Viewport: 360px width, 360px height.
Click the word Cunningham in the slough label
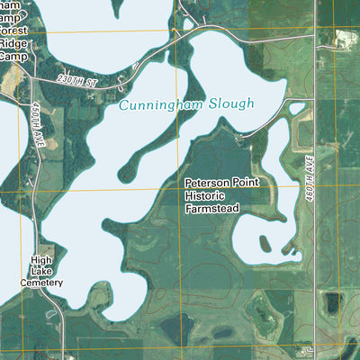coord(158,105)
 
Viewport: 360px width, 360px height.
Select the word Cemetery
coord(41,283)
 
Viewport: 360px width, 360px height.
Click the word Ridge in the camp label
coord(13,42)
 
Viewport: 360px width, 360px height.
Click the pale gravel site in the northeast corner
coord(343,39)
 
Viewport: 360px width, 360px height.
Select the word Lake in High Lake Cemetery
coord(42,271)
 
